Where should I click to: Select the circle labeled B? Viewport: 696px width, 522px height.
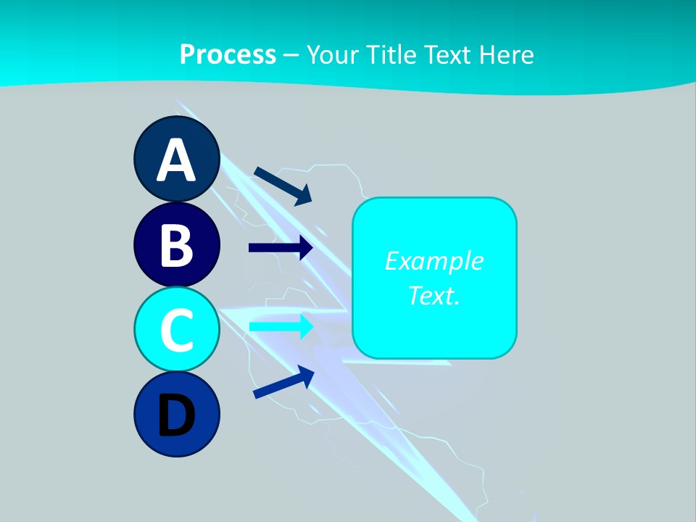[177, 245]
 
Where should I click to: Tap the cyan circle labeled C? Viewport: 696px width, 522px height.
[177, 330]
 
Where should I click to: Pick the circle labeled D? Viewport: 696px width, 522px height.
[177, 415]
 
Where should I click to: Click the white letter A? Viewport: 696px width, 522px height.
[177, 160]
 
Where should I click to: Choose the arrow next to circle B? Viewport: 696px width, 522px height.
[280, 248]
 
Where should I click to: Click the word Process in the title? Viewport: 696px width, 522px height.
[228, 54]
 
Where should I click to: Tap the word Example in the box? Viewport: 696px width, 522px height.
[434, 261]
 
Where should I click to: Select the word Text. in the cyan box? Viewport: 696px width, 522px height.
[434, 295]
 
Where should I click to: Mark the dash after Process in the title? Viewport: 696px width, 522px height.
[291, 55]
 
